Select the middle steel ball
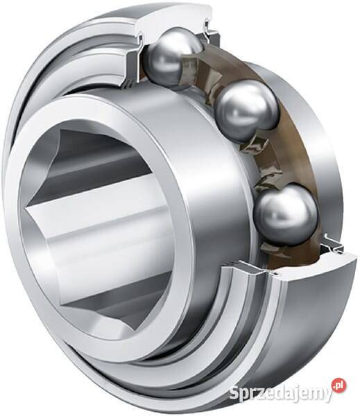tap(247, 111)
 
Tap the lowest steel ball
tap(285, 214)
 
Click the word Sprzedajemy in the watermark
tap(281, 393)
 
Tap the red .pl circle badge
tap(339, 385)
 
